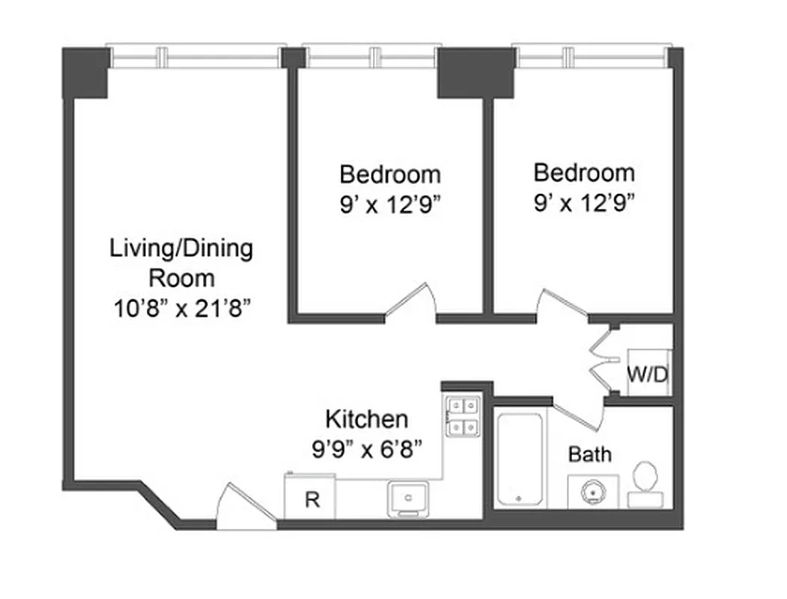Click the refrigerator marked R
(310, 497)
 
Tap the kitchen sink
(407, 498)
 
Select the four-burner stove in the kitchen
(464, 416)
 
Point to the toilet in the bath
(645, 483)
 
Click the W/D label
(648, 374)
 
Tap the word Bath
(589, 454)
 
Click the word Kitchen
(367, 419)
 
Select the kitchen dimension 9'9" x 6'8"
(367, 449)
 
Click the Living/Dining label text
(181, 262)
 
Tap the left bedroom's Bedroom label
(390, 174)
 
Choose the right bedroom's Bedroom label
(584, 172)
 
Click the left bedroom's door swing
(411, 304)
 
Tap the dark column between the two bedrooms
(475, 73)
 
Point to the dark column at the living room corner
(86, 73)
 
